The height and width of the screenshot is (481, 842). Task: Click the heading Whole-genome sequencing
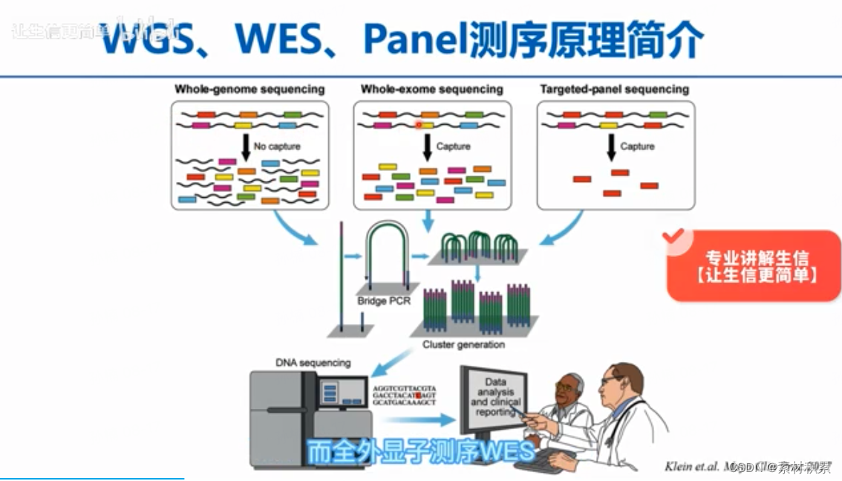point(249,89)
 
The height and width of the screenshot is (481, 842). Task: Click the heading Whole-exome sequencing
point(431,89)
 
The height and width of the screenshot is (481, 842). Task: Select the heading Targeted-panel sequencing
point(614,89)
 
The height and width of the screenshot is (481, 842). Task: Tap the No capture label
point(277,146)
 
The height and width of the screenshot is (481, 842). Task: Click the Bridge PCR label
point(384,301)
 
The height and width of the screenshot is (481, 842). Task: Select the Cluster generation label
point(463,345)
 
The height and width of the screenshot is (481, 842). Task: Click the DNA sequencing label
point(313,363)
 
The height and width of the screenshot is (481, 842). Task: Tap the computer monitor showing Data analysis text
point(493,398)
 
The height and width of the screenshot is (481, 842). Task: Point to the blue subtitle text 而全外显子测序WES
point(421,451)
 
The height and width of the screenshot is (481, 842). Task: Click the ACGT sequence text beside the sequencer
point(405,396)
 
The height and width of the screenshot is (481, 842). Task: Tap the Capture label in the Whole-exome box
point(453,146)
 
